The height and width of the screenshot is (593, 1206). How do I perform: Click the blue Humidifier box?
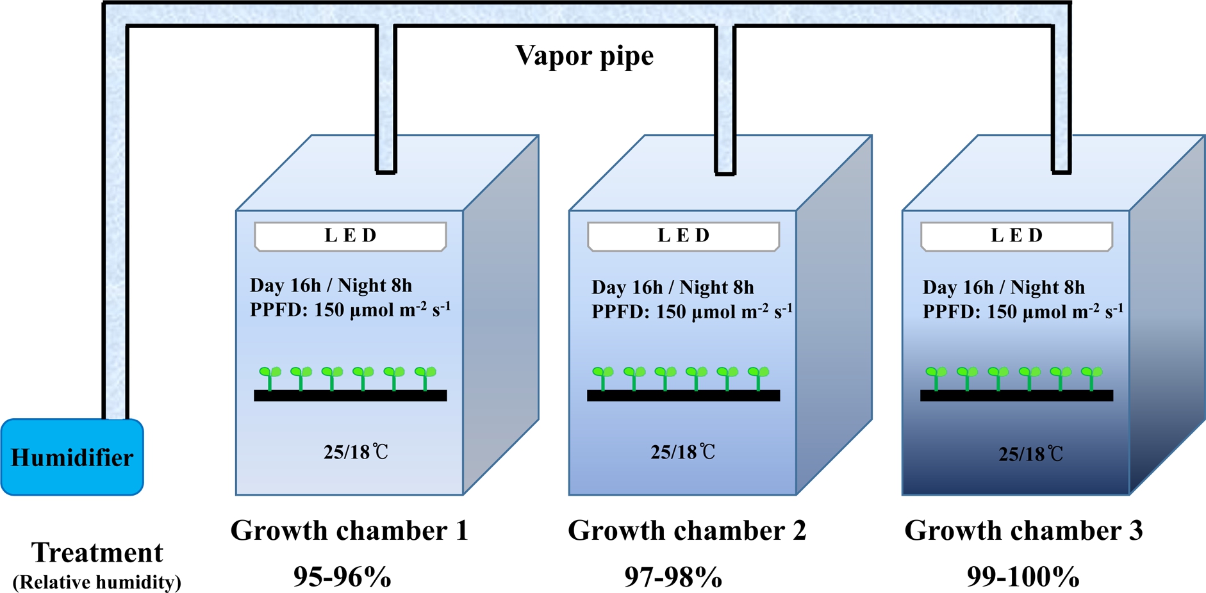coord(72,457)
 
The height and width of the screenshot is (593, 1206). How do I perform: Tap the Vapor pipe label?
coord(584,56)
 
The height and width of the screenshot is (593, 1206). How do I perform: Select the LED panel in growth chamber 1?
coord(350,236)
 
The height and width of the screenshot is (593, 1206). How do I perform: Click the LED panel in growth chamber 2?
coord(683,236)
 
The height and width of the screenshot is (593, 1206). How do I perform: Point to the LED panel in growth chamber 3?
coord(1016,236)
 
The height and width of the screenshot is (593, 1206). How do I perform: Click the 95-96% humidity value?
coord(342,577)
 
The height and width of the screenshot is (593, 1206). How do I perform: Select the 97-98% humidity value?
coord(673,577)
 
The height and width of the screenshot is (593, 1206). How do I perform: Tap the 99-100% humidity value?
coord(1023,577)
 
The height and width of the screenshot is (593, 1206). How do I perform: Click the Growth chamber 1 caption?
coord(349,531)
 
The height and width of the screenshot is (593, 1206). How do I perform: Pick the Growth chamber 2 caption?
coord(686,531)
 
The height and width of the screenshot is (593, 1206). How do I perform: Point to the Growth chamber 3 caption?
coord(1023,531)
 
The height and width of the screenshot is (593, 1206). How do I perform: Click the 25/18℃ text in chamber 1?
coord(356,452)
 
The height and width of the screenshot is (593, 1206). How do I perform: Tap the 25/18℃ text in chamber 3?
coord(1030,454)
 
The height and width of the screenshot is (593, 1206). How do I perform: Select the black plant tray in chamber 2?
coord(683,396)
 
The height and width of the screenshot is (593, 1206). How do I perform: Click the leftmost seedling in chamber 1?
coord(270,377)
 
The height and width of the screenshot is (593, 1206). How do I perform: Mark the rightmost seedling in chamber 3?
coord(1091,377)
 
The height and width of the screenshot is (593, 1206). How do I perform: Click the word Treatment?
coord(97,553)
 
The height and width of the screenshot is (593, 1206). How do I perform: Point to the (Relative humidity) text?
coord(97,582)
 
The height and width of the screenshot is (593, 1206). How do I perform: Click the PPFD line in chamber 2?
coord(691,312)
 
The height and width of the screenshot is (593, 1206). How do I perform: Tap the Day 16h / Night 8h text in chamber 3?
coord(1004,288)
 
